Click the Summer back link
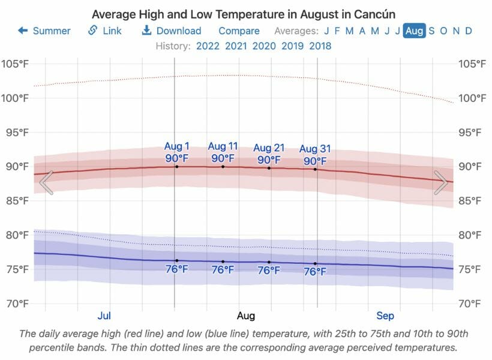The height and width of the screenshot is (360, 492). coord(44,31)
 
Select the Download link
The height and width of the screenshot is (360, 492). coord(172,31)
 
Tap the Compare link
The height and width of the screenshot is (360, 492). coord(239,31)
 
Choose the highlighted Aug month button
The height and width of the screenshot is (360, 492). coord(414,31)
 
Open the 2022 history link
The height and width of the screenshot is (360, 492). coord(208,46)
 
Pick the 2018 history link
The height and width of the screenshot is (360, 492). coord(320,46)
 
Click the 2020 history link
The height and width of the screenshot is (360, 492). coord(264,46)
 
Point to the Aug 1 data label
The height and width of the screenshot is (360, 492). coord(176,146)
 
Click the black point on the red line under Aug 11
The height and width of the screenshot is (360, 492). coord(223,166)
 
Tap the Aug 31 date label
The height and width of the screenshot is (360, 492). coord(315,149)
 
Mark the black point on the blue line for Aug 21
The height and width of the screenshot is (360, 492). coord(269,262)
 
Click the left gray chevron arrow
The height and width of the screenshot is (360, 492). coord(47,182)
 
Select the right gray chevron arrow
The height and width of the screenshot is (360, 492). coord(441,182)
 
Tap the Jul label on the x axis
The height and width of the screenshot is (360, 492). coord(104,316)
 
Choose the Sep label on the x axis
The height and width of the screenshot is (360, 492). coord(385,316)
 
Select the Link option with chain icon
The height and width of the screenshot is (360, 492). coord(105,31)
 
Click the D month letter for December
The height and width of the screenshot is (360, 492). coord(469,31)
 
